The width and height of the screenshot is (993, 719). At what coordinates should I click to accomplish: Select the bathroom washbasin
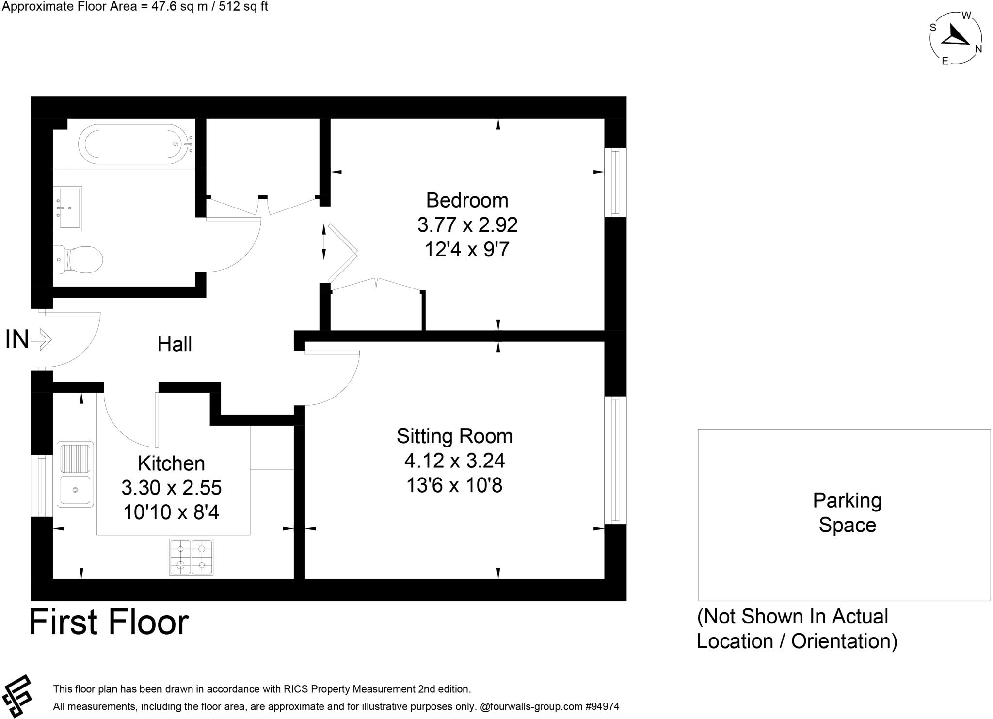[x=69, y=208]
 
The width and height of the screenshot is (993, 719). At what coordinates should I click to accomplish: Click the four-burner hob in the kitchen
[x=191, y=557]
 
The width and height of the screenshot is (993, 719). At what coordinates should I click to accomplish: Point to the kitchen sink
[x=75, y=474]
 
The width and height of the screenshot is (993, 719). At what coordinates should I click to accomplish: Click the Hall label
[x=175, y=344]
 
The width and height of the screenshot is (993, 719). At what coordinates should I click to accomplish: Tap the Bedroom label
[x=467, y=200]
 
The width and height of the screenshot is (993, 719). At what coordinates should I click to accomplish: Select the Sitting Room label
[x=454, y=436]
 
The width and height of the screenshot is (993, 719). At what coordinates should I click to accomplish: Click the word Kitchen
[x=171, y=463]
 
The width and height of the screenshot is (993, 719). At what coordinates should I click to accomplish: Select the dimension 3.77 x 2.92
[x=467, y=225]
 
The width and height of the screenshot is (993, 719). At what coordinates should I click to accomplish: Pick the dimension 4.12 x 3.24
[x=454, y=461]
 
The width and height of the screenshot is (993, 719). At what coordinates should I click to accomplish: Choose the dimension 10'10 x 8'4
[x=171, y=512]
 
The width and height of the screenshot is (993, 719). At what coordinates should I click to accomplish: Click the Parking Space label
[x=847, y=513]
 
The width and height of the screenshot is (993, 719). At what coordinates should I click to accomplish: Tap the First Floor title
[x=109, y=623]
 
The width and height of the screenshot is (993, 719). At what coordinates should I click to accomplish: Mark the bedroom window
[x=615, y=182]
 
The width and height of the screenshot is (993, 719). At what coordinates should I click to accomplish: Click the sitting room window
[x=615, y=460]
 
